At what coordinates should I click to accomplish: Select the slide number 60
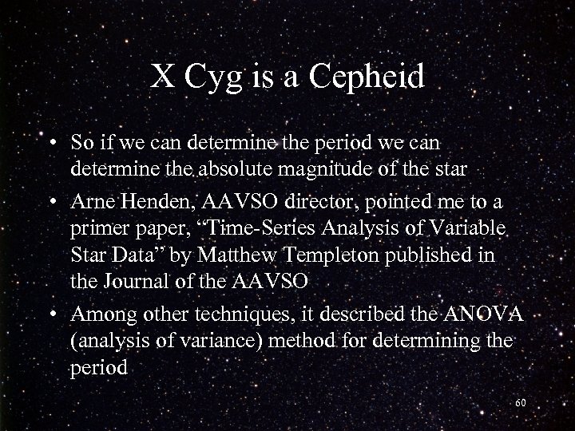521,403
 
